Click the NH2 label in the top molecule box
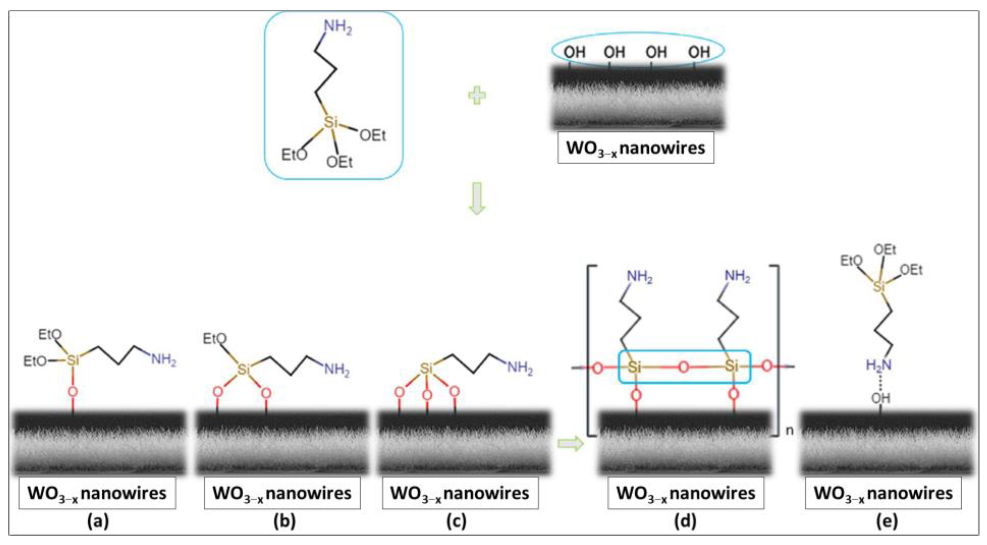click(338, 27)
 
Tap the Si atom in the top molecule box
click(331, 122)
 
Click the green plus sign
click(477, 96)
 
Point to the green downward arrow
click(477, 198)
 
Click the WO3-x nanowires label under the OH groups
click(635, 148)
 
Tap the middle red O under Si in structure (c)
click(427, 395)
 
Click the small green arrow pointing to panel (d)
click(570, 444)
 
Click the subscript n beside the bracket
click(790, 430)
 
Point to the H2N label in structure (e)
click(878, 365)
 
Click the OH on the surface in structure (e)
click(880, 398)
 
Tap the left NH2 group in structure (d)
click(639, 276)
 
